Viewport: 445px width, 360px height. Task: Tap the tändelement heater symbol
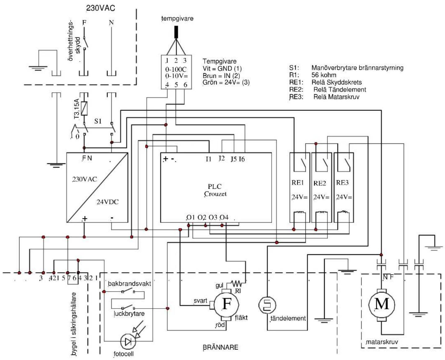[267, 305]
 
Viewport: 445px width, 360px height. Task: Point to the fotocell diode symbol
[128, 341]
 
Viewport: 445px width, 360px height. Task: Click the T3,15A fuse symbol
[84, 108]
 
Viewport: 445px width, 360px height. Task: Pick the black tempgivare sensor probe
[176, 32]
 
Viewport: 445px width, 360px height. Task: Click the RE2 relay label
[320, 183]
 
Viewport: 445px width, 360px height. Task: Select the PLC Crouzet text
[215, 190]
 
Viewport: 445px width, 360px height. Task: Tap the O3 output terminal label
[213, 217]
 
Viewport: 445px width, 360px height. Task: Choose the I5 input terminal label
[234, 159]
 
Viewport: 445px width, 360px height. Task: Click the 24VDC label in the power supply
[107, 202]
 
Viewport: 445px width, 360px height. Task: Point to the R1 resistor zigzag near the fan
[236, 283]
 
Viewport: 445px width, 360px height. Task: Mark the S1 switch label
[98, 121]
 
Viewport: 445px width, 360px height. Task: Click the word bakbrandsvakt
[129, 283]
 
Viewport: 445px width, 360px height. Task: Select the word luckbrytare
[129, 314]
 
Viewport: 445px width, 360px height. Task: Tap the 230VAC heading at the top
[100, 8]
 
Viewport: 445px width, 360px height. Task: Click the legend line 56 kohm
[324, 75]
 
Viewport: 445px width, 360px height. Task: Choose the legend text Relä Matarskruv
[336, 97]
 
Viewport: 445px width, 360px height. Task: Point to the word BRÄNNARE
[220, 347]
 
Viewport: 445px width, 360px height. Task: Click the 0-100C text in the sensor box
[176, 69]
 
